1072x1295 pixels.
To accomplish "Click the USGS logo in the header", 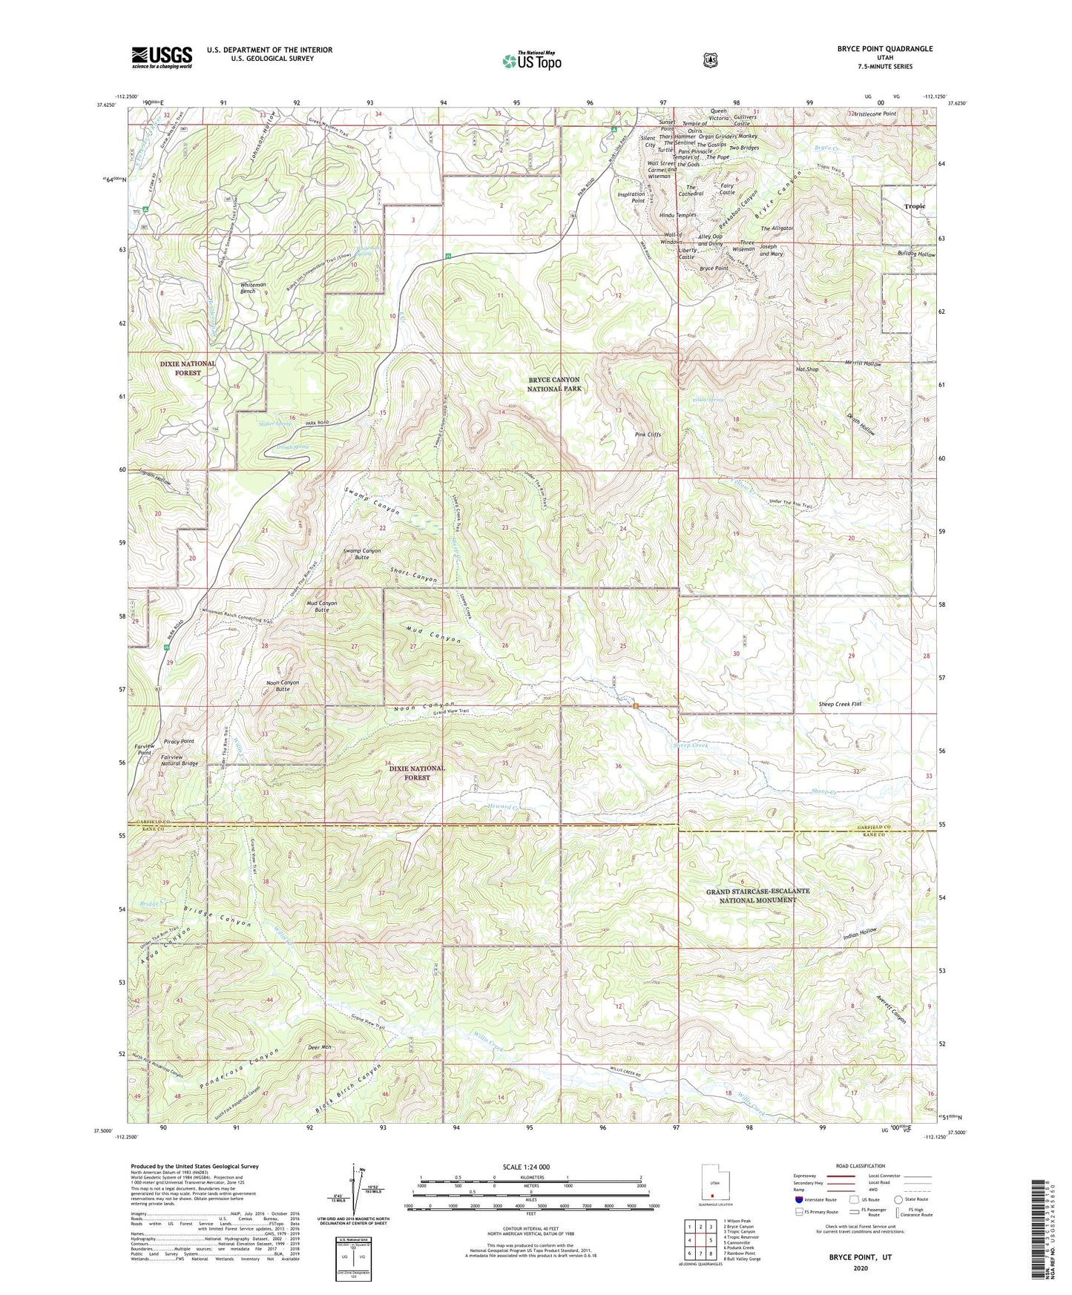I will pos(162,57).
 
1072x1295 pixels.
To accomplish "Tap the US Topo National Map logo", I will pos(531,61).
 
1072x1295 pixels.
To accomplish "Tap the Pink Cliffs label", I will pos(648,435).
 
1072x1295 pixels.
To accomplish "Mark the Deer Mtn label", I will pos(319,1048).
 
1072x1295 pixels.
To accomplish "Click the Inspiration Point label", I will pos(631,197).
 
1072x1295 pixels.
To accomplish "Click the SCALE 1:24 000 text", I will pos(526,1167).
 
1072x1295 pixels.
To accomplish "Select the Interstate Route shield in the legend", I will pos(798,1199).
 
